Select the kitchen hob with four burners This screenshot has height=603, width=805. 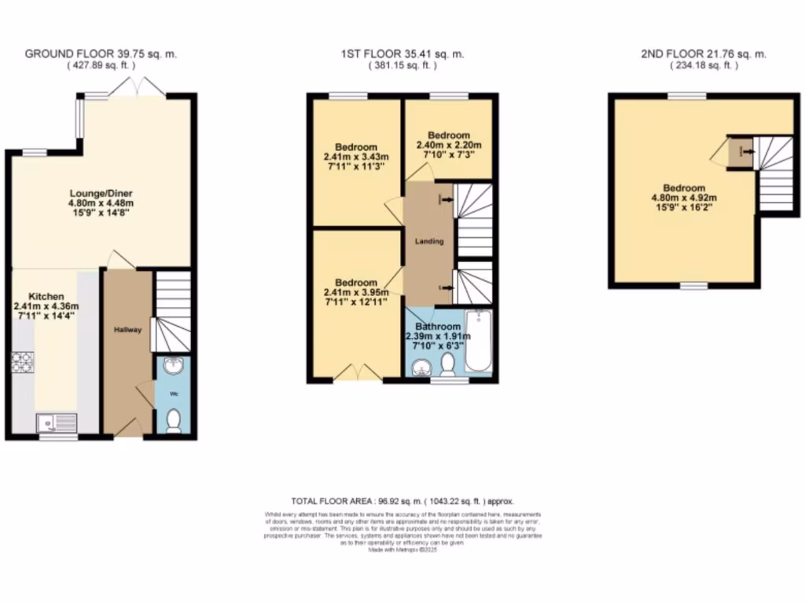[x=21, y=364]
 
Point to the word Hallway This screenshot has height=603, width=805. [x=127, y=330]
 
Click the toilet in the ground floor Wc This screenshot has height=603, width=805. [x=175, y=421]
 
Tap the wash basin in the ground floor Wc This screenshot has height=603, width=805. [x=175, y=366]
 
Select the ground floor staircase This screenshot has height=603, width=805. [x=172, y=310]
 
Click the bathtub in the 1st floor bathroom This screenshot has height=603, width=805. [x=478, y=342]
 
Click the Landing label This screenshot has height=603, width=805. [x=430, y=241]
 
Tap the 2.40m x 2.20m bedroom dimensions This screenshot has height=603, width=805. [x=448, y=144]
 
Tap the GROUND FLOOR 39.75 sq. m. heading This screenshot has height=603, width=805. [x=101, y=54]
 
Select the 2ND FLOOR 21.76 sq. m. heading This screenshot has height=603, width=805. [x=704, y=54]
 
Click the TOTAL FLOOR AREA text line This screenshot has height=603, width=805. [x=402, y=501]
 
